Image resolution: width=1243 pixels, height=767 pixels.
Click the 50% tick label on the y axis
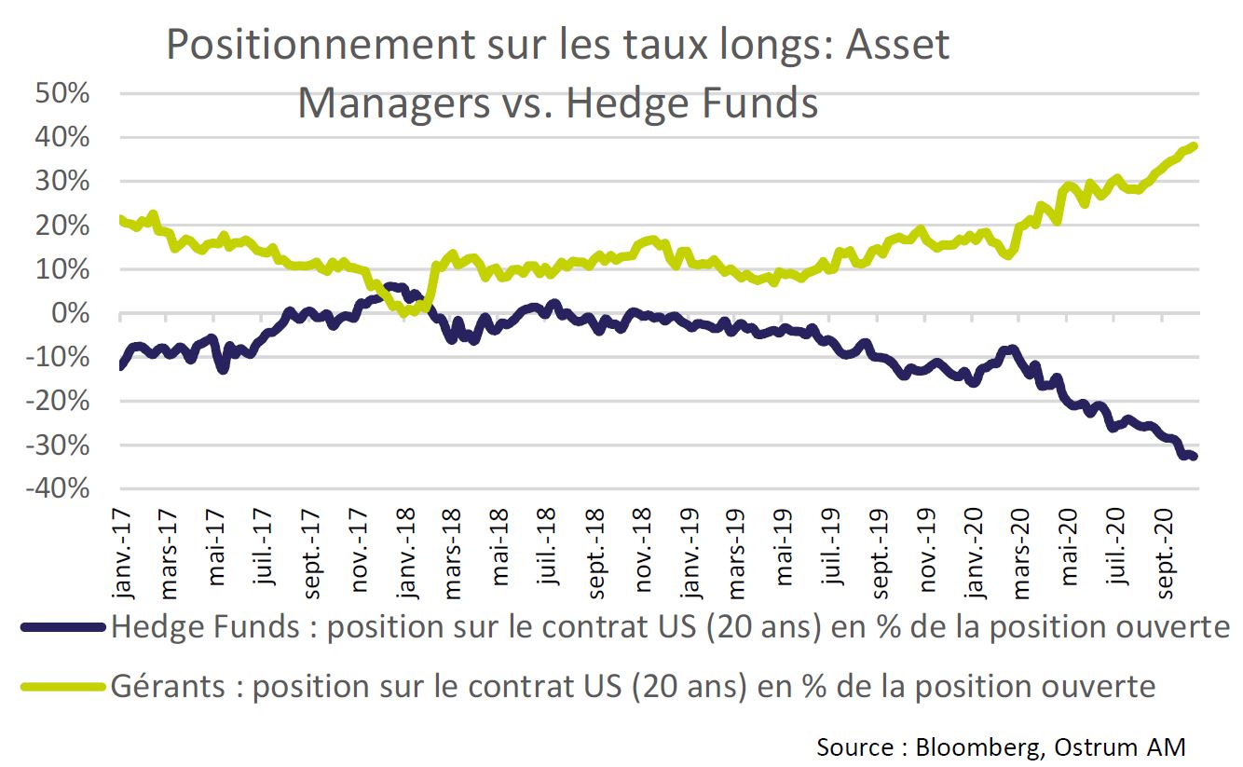pos(62,93)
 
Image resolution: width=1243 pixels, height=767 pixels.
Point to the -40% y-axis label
pos(58,489)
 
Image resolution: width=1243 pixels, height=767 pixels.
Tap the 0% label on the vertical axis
pos(71,313)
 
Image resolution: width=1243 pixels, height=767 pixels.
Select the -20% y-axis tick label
pos(58,401)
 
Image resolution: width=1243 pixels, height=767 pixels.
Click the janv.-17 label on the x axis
pos(123,554)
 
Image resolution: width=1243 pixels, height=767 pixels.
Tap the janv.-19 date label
pos(690,554)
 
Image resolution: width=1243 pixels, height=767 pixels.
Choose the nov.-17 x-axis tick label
pos(359,551)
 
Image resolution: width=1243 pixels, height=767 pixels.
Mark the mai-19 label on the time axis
pos(785,547)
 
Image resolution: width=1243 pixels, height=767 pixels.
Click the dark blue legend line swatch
pos(62,627)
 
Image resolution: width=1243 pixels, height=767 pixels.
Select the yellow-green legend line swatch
pos(62,687)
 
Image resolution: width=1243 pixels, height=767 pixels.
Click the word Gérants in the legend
pos(168,687)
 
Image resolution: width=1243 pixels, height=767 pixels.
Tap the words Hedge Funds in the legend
pos(205,627)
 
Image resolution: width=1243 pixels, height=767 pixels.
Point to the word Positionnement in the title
pos(321,45)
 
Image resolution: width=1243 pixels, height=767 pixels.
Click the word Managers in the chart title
pos(394,103)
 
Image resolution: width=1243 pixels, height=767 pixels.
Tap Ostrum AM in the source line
pos(1120,747)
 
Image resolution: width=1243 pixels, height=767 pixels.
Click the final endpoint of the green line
pos(1194,146)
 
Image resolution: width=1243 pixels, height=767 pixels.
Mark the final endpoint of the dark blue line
pos(1194,457)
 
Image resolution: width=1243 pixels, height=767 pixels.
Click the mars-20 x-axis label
pos(1021,554)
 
